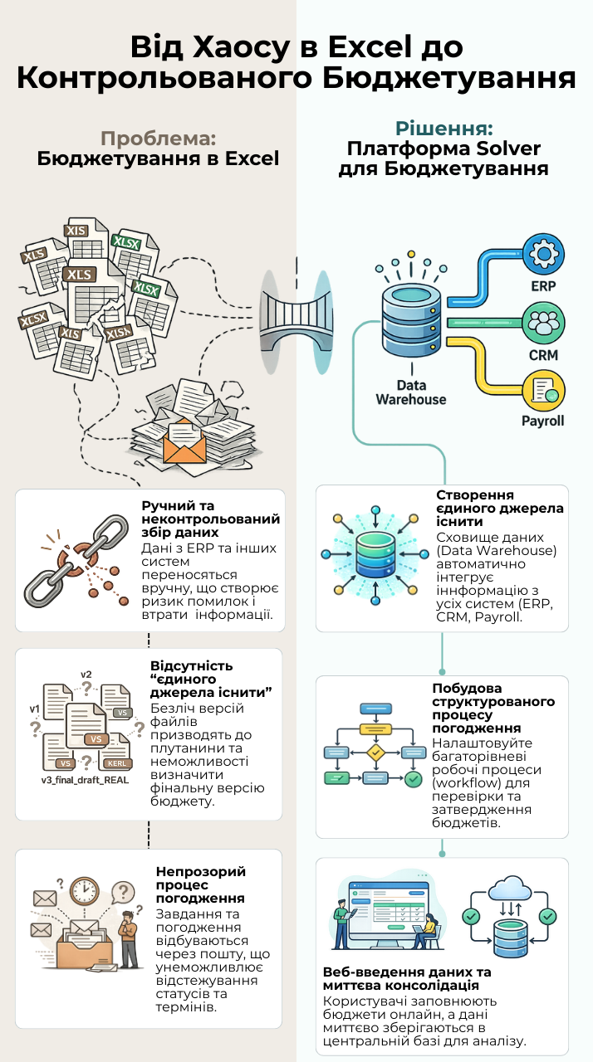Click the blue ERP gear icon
[544, 254]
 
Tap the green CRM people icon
[544, 324]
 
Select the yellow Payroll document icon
[544, 391]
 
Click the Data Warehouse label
[411, 392]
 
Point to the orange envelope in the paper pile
[185, 442]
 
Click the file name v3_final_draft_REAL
[85, 780]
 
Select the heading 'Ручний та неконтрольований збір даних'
[211, 519]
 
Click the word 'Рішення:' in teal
[444, 129]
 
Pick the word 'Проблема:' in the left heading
[158, 139]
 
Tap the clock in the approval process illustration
[85, 890]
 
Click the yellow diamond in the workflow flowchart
[375, 752]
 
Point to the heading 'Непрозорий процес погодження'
[201, 884]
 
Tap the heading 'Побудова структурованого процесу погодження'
[493, 708]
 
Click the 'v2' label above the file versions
[86, 675]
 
